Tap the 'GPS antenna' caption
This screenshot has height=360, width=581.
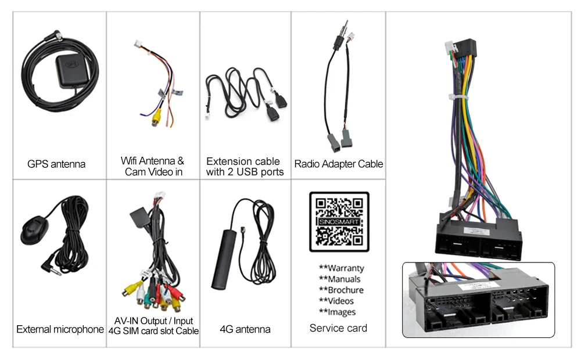coord(56,164)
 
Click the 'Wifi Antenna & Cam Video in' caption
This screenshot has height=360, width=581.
coord(153,166)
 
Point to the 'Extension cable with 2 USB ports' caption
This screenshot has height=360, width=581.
coord(245,166)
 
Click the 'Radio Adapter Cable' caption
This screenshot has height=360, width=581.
coord(339,164)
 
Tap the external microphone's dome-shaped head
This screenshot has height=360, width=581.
coord(34,229)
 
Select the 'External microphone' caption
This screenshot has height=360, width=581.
coord(60,329)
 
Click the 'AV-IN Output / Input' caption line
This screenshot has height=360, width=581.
coord(153,321)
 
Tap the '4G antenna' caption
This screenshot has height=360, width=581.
coord(245,329)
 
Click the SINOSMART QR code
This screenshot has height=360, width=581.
coord(339,221)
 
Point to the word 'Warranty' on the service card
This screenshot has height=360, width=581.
coord(346,268)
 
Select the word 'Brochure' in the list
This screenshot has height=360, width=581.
coord(346,290)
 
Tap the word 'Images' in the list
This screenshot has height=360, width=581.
coord(342,312)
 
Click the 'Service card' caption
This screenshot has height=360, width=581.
coord(338,328)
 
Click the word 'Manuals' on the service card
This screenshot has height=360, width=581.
coord(344,279)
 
